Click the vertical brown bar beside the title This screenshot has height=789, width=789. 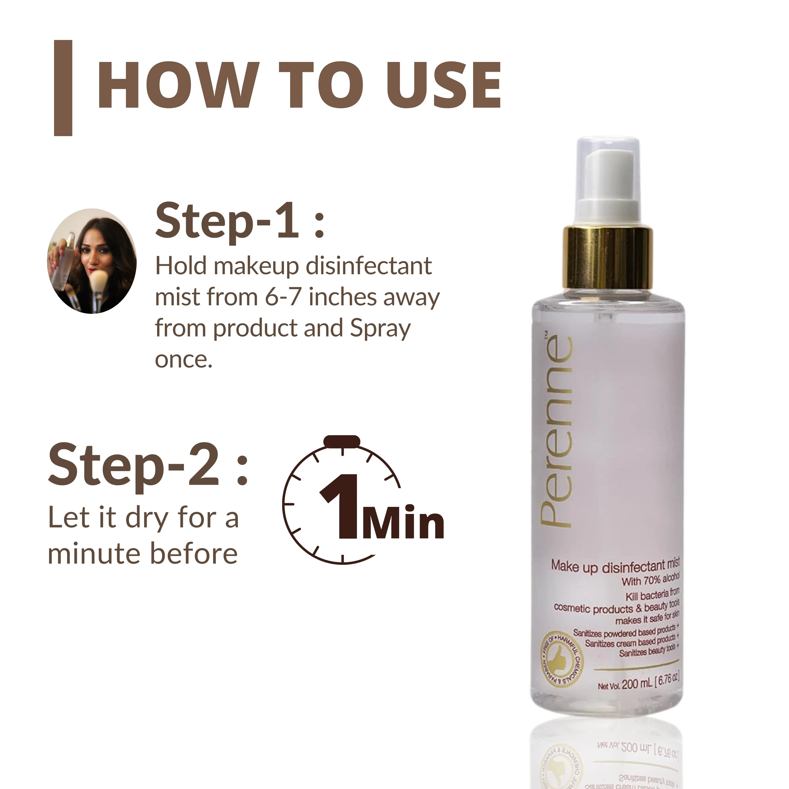coord(63,88)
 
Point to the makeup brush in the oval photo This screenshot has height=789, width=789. coord(98,282)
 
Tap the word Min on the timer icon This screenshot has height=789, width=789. coord(402,523)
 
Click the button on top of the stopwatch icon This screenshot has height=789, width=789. coord(342,441)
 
